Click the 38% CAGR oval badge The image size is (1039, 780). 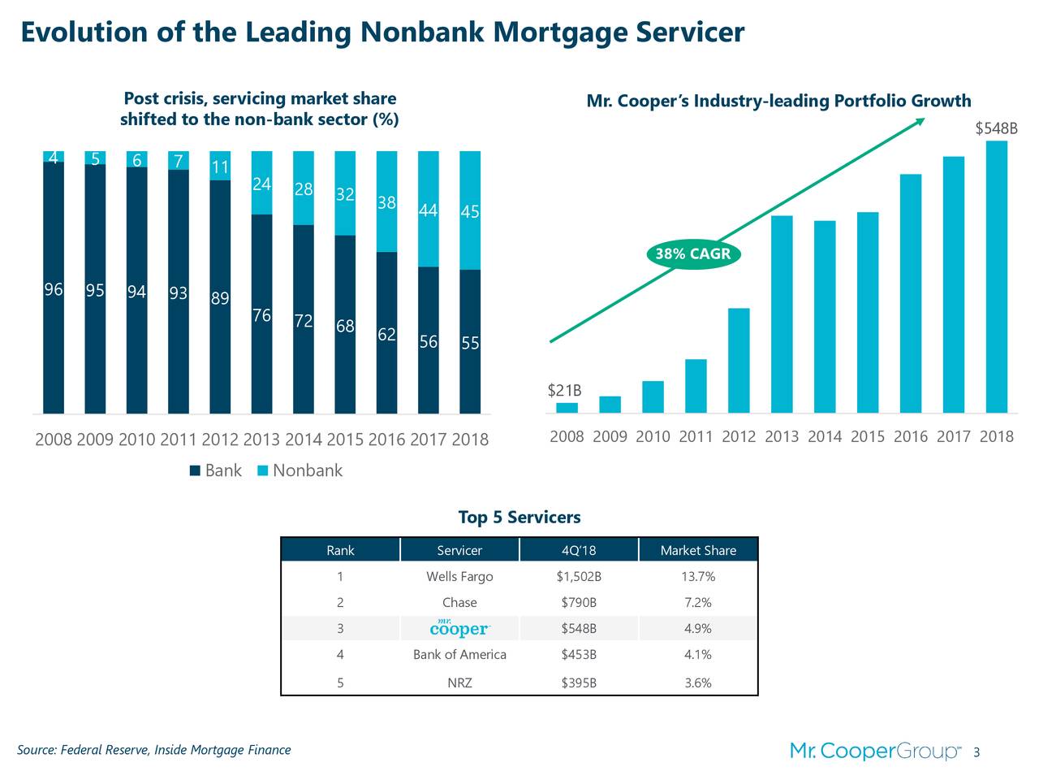click(693, 254)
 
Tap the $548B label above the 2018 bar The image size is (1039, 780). click(995, 130)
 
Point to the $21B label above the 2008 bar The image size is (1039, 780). click(564, 392)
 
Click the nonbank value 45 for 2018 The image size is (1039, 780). click(469, 212)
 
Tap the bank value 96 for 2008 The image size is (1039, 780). click(54, 290)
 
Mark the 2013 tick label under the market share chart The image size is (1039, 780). click(261, 440)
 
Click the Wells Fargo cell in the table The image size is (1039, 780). click(459, 577)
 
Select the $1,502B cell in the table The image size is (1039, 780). click(579, 577)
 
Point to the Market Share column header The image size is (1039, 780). click(698, 550)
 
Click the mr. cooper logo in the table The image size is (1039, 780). click(459, 628)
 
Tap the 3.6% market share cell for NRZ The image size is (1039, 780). click(698, 682)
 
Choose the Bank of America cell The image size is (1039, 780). click(459, 655)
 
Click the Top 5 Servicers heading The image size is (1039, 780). click(519, 518)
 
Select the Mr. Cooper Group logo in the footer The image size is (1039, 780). click(875, 752)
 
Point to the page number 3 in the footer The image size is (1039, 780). click(976, 752)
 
